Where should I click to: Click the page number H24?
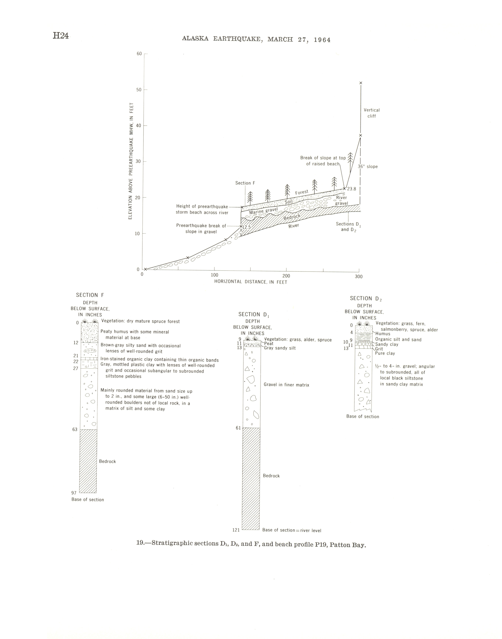[x=61, y=36]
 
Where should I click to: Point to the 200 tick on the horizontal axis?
[x=286, y=276]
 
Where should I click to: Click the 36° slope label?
[x=368, y=167]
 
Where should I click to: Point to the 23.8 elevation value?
[x=352, y=189]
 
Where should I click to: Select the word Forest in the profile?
[x=302, y=192]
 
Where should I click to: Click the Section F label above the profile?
[x=245, y=183]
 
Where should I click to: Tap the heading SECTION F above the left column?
[x=90, y=295]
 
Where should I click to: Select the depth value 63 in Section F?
[x=75, y=430]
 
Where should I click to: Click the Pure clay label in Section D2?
[x=385, y=353]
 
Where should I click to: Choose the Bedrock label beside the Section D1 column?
[x=271, y=476]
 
